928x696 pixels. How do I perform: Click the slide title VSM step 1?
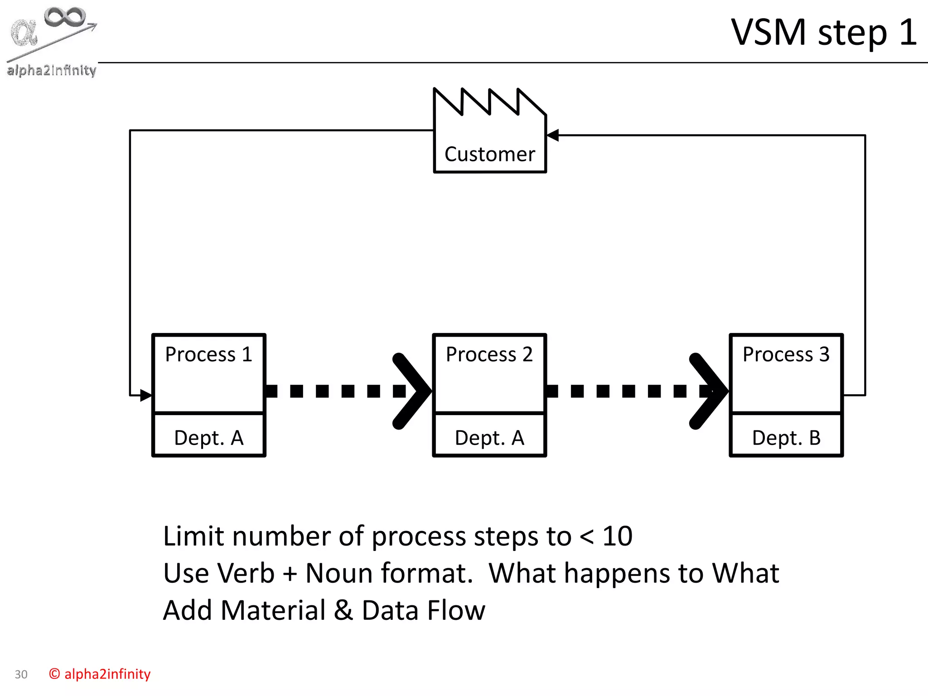[824, 33]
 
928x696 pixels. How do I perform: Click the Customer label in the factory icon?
[489, 155]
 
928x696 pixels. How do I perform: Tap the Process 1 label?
[208, 354]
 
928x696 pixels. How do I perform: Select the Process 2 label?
[489, 354]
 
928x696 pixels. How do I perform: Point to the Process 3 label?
[786, 354]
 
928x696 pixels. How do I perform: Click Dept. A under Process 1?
[209, 438]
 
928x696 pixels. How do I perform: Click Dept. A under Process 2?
[489, 438]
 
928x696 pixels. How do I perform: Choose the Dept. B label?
[786, 438]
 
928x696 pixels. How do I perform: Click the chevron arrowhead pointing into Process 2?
[412, 391]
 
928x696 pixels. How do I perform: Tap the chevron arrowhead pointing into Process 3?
[709, 391]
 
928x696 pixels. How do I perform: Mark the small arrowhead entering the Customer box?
[553, 135]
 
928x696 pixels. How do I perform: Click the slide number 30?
[21, 675]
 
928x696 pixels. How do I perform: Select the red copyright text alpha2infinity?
[100, 674]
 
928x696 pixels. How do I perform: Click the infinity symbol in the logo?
[65, 17]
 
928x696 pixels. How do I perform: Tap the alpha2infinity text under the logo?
[51, 71]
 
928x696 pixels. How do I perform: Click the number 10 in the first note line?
[617, 536]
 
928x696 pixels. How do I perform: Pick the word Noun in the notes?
[339, 573]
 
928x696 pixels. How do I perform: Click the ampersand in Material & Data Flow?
[343, 610]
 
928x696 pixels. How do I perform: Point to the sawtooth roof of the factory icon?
[489, 102]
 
